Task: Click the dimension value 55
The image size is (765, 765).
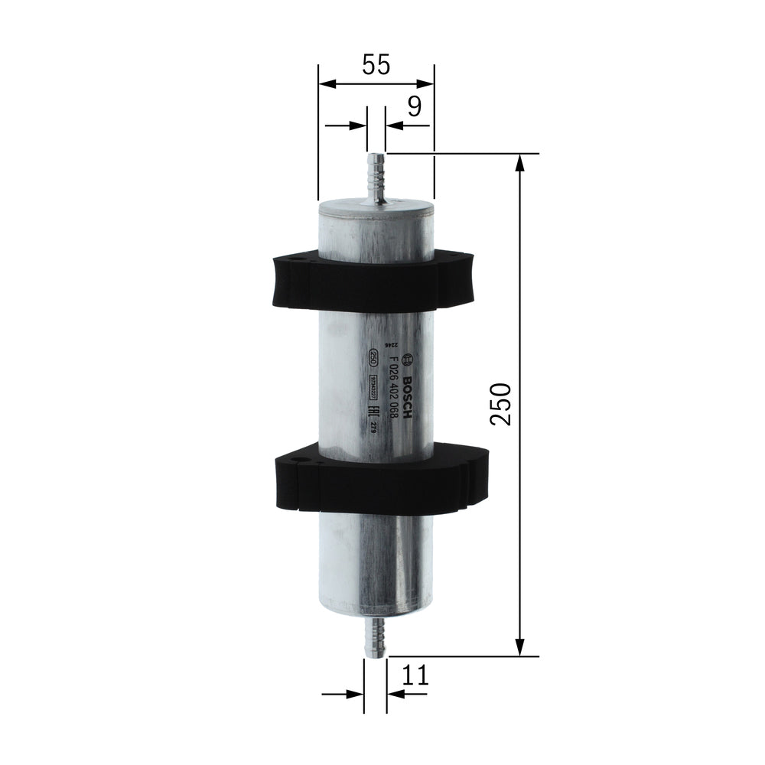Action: [376, 65]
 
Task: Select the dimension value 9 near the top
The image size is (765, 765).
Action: [413, 106]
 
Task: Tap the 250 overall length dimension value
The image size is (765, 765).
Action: [500, 404]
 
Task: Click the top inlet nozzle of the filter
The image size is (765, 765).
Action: [376, 177]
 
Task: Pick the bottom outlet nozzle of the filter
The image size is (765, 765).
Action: [376, 636]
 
